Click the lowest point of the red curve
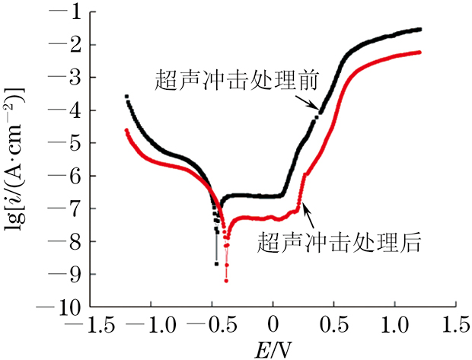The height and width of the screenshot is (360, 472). point(226,281)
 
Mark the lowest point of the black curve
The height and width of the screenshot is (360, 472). point(216,263)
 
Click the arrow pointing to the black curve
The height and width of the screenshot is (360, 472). point(308,104)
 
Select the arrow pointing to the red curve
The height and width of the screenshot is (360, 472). point(308,209)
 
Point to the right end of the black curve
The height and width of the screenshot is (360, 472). point(419,30)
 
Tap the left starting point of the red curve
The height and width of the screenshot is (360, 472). point(126,130)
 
